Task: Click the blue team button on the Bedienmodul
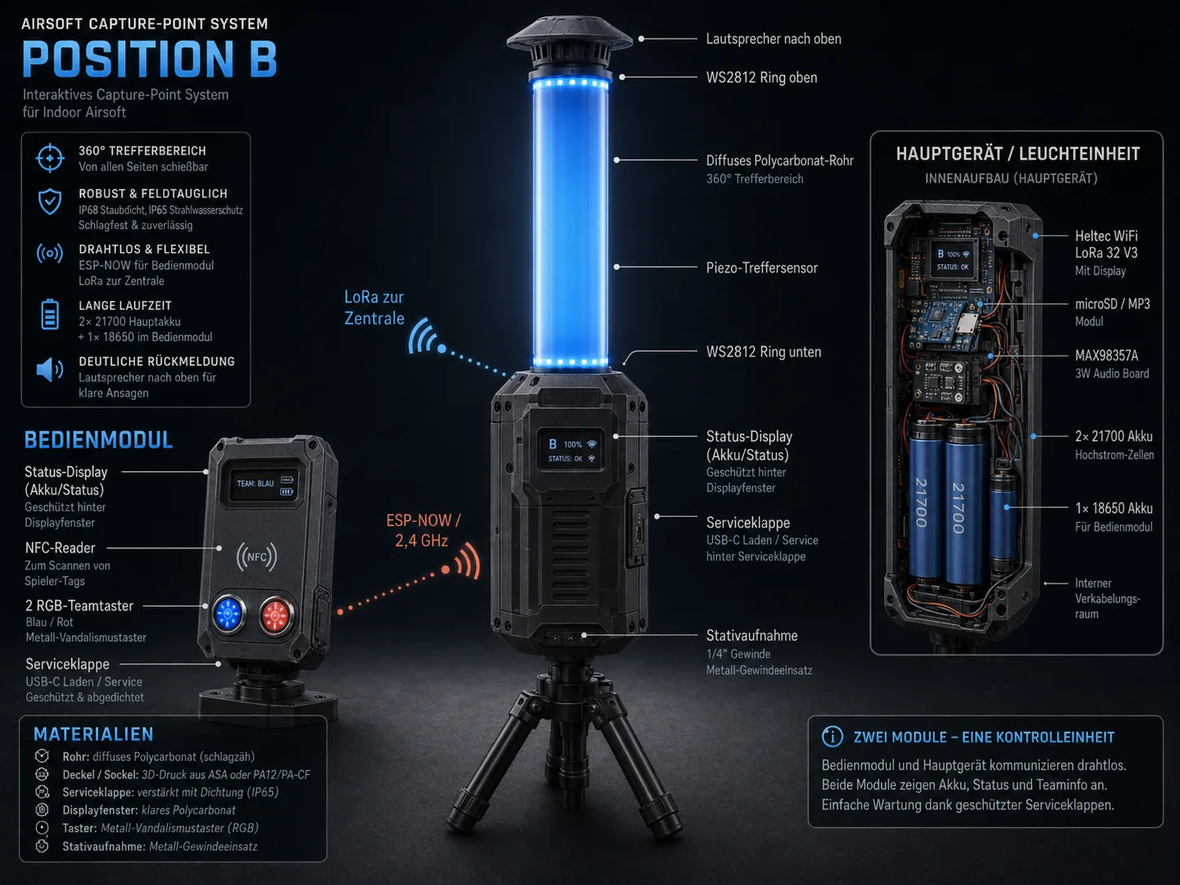tap(228, 613)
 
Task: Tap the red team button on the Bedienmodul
tap(276, 615)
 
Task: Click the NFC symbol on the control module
tap(257, 557)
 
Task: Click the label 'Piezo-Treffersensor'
tap(761, 267)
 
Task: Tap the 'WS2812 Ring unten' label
tap(764, 352)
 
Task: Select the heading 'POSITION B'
tap(149, 59)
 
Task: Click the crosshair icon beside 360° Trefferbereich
tap(50, 158)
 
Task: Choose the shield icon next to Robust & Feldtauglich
tap(50, 201)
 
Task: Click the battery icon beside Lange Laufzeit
tap(50, 315)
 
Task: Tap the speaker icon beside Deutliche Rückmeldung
tap(50, 370)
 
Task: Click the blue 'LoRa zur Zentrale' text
tap(374, 307)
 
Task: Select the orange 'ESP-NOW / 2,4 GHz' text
tap(423, 531)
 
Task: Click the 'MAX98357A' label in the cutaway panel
tap(1107, 356)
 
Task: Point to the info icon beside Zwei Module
tap(832, 736)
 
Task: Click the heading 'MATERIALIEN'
tap(94, 734)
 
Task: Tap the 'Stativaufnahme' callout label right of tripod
tap(751, 636)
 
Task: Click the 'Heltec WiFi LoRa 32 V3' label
tap(1107, 244)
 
